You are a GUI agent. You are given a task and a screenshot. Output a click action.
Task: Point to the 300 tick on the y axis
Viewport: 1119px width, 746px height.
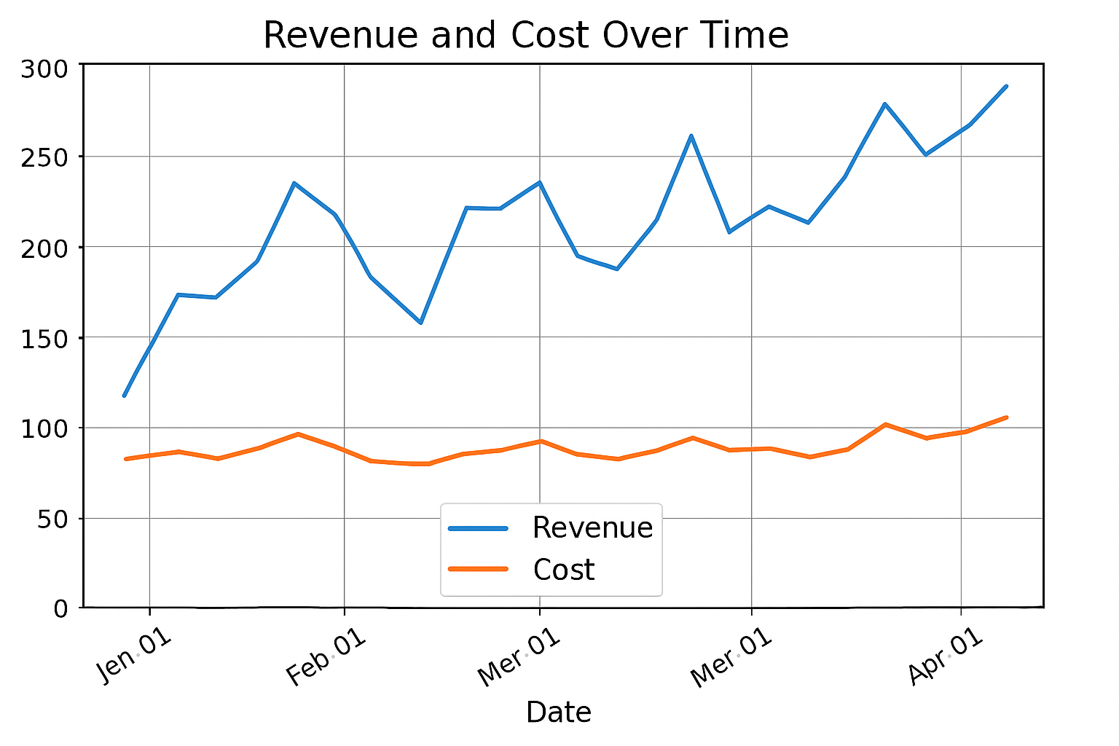pyautogui.click(x=44, y=70)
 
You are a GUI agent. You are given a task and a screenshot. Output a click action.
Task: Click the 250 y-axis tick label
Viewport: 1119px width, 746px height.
pyautogui.click(x=44, y=158)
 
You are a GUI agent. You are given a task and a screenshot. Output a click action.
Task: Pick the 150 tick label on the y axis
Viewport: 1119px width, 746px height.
pyautogui.click(x=44, y=339)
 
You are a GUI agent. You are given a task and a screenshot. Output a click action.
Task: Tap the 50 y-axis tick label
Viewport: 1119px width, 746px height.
pyautogui.click(x=52, y=519)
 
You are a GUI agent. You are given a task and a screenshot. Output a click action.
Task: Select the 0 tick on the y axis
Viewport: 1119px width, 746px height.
pyautogui.click(x=61, y=609)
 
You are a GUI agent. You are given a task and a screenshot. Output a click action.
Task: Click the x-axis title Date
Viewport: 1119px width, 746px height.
pyautogui.click(x=558, y=712)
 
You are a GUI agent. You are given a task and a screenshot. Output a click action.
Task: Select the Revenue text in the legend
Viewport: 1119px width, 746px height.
pyautogui.click(x=592, y=527)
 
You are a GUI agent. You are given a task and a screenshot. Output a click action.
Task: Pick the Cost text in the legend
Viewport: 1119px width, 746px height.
pyautogui.click(x=563, y=570)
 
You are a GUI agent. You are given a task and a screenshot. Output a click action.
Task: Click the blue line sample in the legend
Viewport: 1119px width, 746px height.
pyautogui.click(x=478, y=528)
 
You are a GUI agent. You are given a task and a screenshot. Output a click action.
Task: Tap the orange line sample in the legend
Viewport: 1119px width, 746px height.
pyautogui.click(x=478, y=569)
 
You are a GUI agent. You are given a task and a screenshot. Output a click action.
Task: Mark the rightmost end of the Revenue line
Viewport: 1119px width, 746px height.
pyautogui.click(x=1006, y=86)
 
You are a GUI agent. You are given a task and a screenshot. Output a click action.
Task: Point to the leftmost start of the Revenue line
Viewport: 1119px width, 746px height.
pyautogui.click(x=124, y=396)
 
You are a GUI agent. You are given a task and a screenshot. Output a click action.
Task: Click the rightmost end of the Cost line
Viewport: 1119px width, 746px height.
pyautogui.click(x=1006, y=417)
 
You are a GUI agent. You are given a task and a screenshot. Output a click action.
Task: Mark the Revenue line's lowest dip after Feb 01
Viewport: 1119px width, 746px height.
pyautogui.click(x=420, y=323)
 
